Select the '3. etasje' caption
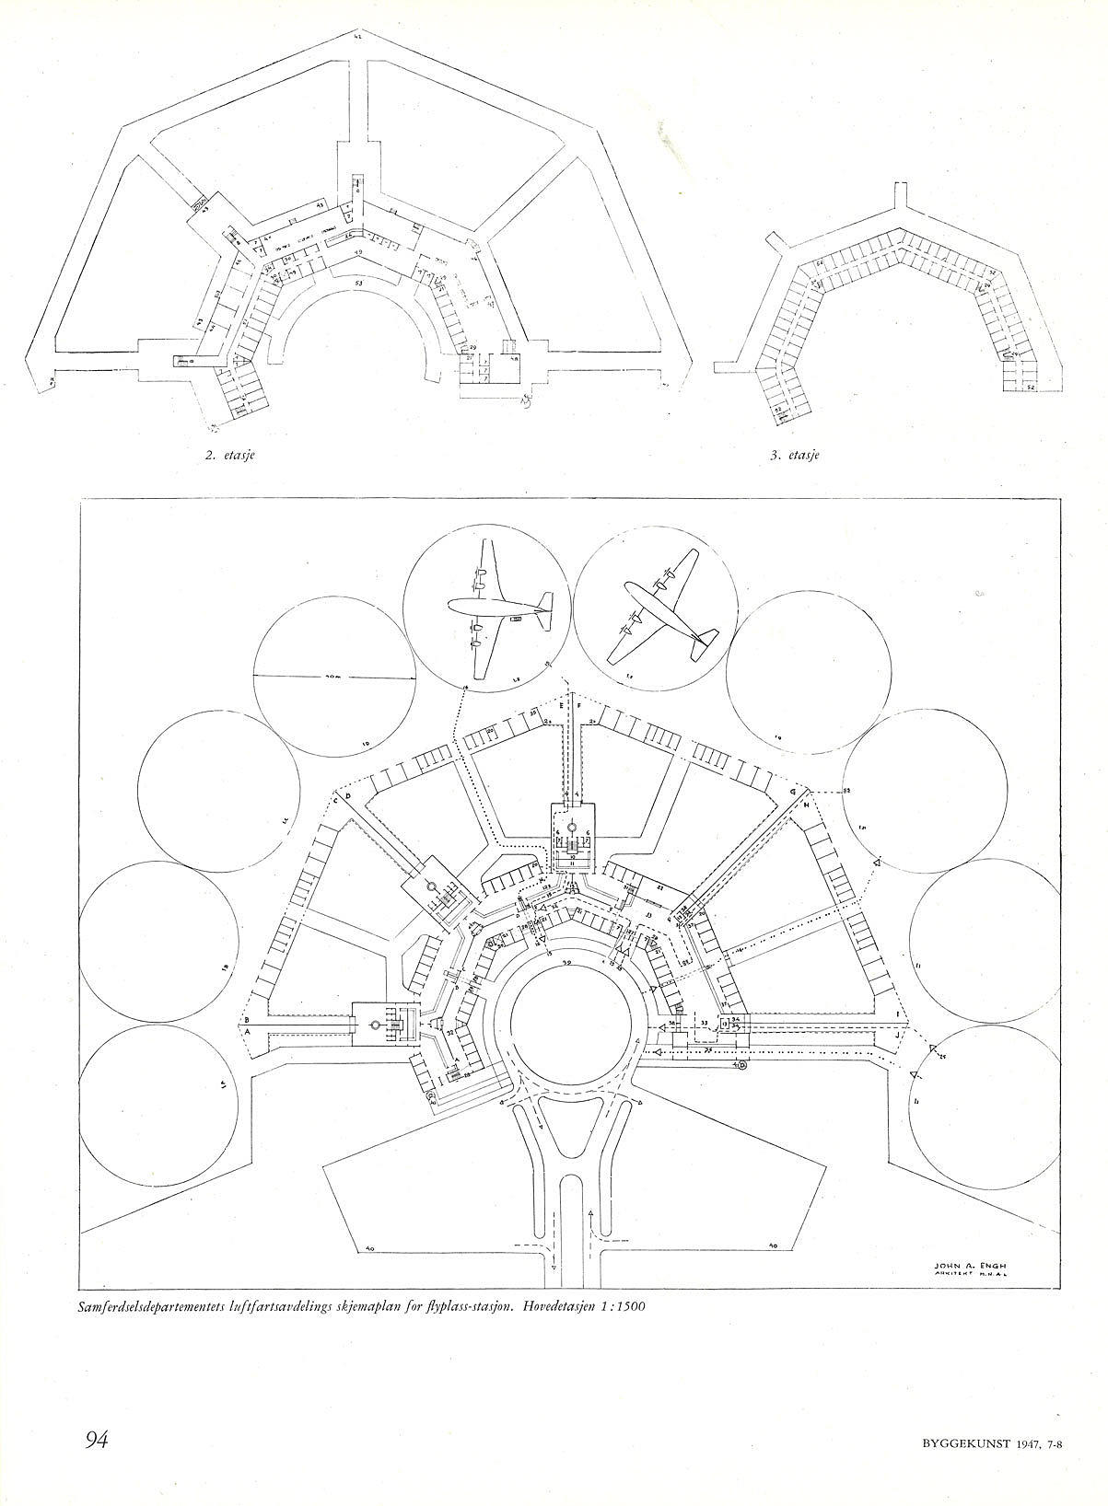click(x=794, y=456)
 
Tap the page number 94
click(x=99, y=1440)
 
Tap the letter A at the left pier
click(x=247, y=1033)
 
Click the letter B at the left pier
click(x=247, y=1019)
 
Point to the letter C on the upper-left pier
click(x=335, y=799)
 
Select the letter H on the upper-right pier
click(x=807, y=805)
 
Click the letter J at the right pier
click(x=897, y=1034)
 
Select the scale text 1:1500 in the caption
click(x=603, y=1305)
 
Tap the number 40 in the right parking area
click(x=774, y=1247)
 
